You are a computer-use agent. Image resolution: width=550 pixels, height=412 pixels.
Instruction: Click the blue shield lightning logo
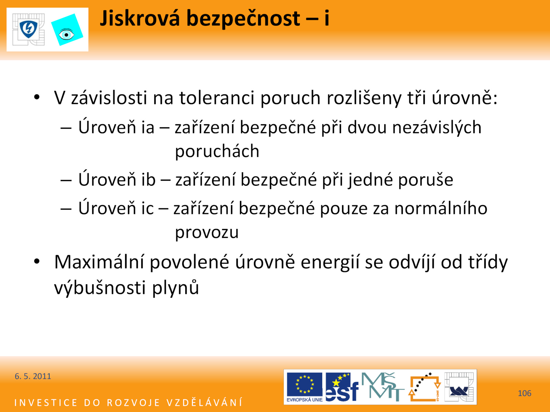click(29, 30)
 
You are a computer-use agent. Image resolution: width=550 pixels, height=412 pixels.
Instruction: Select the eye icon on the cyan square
click(66, 35)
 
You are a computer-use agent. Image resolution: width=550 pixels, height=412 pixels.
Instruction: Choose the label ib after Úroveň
click(148, 179)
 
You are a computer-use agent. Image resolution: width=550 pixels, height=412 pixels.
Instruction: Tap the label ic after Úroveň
click(147, 208)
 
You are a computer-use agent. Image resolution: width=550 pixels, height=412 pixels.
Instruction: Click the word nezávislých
click(437, 127)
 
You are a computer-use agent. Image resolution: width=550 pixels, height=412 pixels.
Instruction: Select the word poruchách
click(217, 151)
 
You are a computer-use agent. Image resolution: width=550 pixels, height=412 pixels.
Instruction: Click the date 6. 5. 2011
click(33, 376)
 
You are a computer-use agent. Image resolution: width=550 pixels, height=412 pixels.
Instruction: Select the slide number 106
click(525, 393)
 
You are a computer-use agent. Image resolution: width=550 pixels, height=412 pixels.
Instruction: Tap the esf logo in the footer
click(342, 387)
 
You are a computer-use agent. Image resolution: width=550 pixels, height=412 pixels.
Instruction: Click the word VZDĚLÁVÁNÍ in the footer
click(205, 403)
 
